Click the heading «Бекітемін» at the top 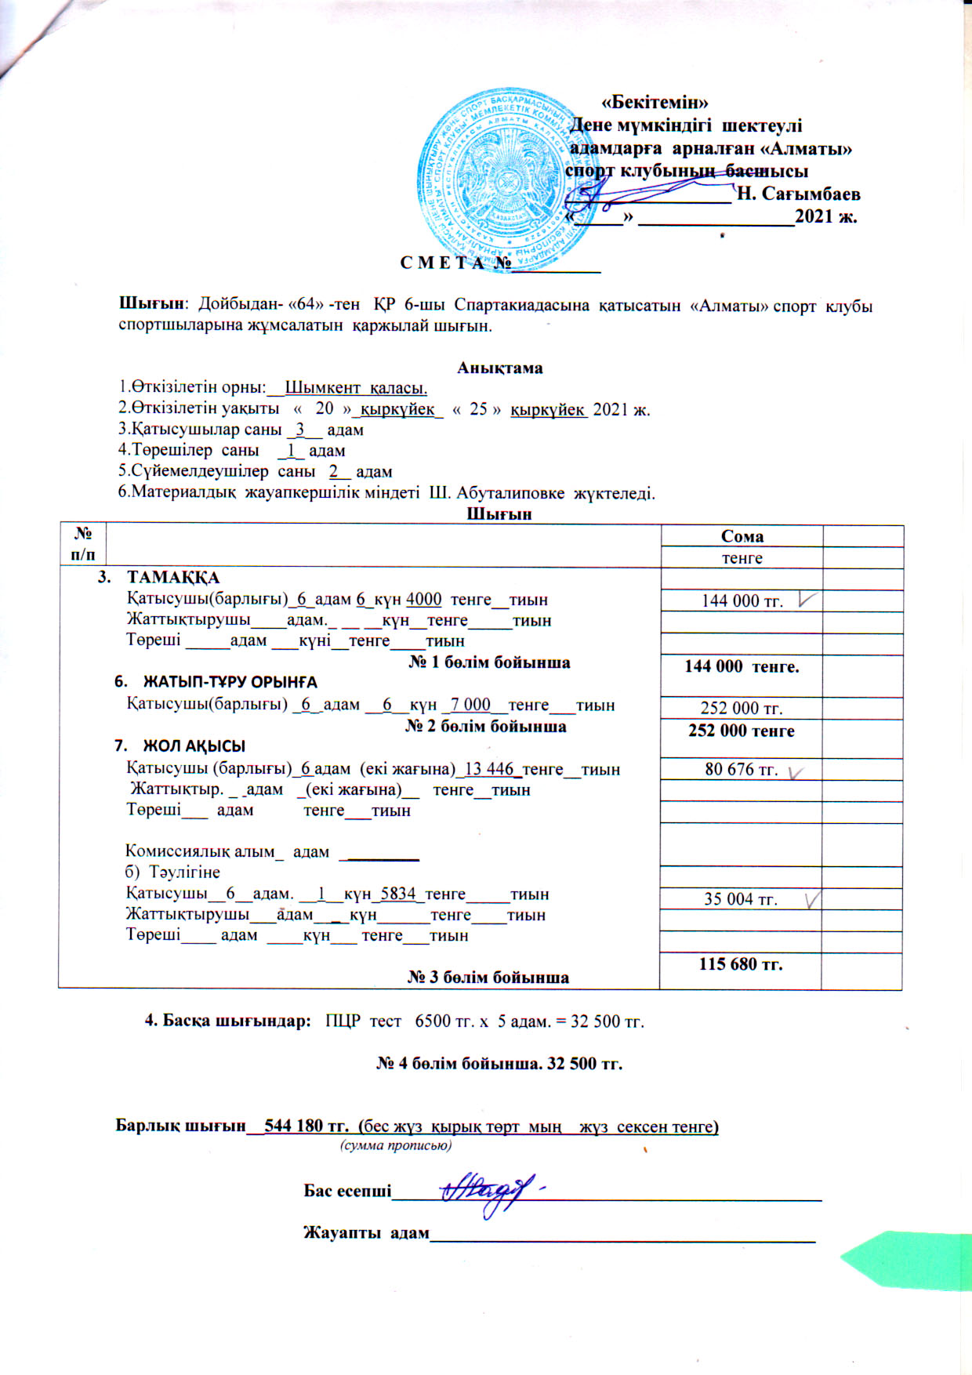coord(655,102)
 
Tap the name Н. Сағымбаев coord(799,193)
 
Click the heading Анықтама coord(499,368)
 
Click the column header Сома coord(742,536)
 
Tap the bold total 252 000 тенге coord(741,731)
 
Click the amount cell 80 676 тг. coord(741,770)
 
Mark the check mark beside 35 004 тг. coord(813,898)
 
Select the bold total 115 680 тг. coord(741,964)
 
